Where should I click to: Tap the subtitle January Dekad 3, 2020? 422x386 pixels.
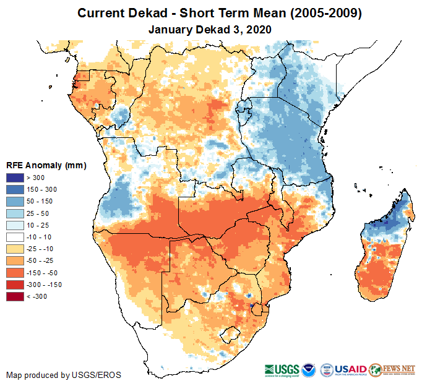[x=210, y=29]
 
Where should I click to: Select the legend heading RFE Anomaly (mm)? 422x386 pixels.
[x=46, y=165]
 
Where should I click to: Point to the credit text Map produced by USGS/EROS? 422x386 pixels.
[x=64, y=375]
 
